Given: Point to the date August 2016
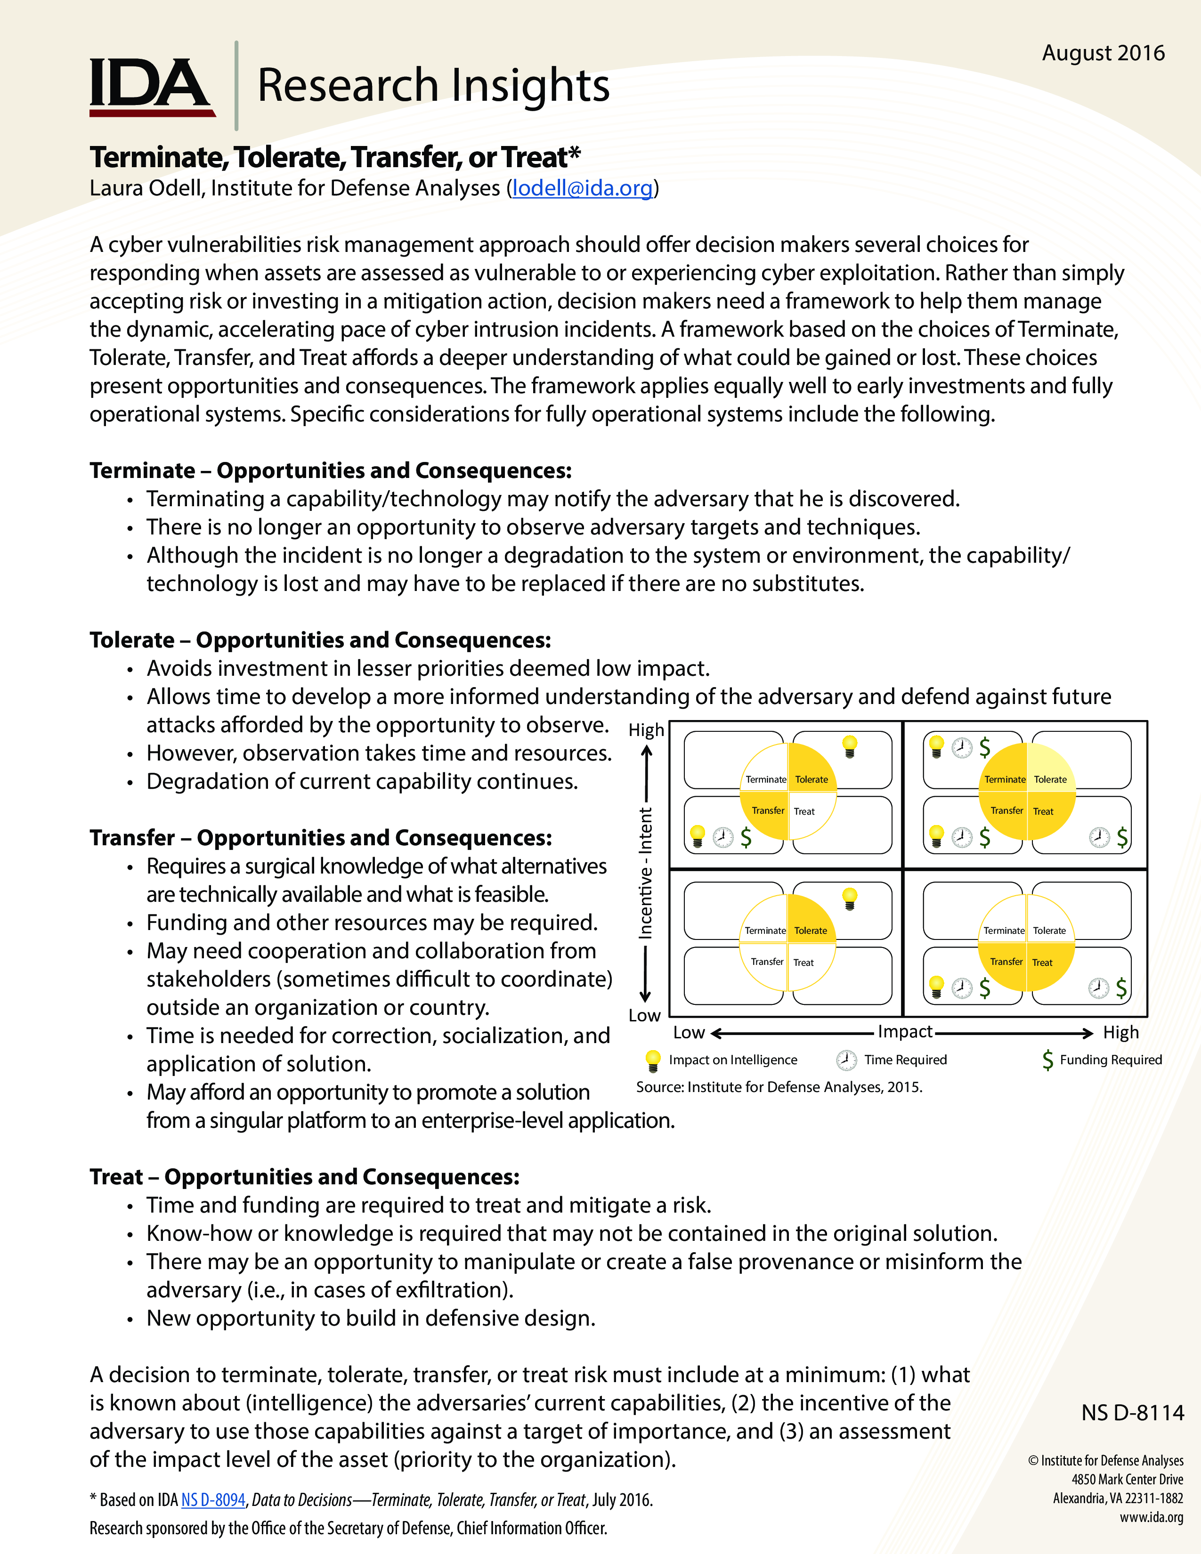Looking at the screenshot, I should coord(1103,53).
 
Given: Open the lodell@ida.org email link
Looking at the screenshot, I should coord(582,188).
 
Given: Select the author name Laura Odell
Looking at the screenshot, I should coord(146,188).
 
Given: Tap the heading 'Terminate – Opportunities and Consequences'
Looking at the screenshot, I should coord(330,470).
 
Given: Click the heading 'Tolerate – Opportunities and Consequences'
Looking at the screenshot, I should coord(320,639).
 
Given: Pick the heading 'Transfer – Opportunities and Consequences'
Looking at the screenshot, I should coord(320,837).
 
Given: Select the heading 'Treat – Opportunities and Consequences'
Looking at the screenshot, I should coord(305,1177).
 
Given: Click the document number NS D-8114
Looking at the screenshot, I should coord(1132,1412).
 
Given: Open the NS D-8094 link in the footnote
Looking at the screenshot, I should coord(213,1500).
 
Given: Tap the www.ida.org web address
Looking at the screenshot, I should coord(1151,1517).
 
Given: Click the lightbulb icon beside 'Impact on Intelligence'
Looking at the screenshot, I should coord(652,1060).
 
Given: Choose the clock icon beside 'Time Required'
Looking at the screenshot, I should coord(846,1060).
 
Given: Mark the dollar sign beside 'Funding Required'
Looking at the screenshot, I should coord(1047,1060).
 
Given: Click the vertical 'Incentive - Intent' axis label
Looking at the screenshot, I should coord(645,873).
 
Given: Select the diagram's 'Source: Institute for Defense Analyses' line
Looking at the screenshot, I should coord(779,1087).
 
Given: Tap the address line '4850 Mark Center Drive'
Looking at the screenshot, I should coord(1127,1479).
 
